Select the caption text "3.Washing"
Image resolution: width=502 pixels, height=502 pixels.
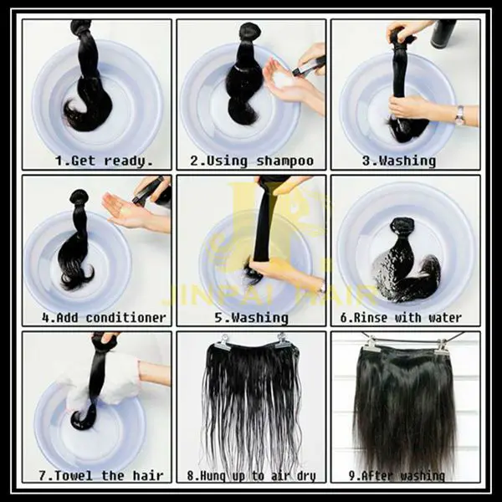click(x=404, y=160)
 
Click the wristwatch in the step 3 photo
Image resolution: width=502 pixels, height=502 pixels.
click(x=459, y=115)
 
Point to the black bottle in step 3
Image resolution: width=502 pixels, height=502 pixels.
click(x=443, y=33)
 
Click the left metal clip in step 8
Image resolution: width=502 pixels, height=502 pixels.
click(x=220, y=342)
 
